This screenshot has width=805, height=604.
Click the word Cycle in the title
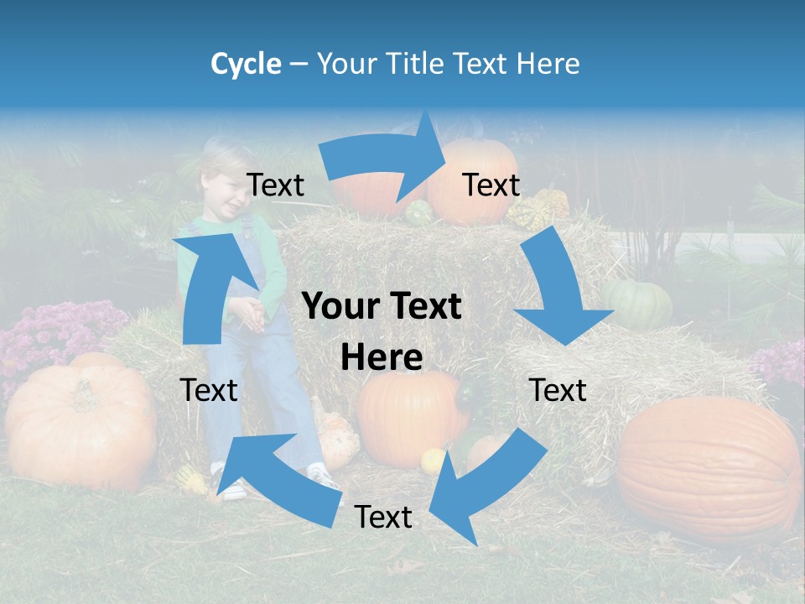pos(246,64)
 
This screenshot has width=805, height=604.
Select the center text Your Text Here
pos(382,331)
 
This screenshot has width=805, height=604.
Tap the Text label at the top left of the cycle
pos(275,185)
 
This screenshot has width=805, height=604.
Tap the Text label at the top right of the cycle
pos(491,185)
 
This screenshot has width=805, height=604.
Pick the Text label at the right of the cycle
pos(558,390)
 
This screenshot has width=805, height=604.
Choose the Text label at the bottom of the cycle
pos(383,517)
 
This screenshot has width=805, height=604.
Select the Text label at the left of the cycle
pos(209,390)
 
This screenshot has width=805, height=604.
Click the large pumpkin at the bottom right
pos(709,466)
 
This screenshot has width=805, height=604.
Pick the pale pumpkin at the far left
pos(80,424)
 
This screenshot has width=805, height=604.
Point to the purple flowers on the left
pos(50,336)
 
